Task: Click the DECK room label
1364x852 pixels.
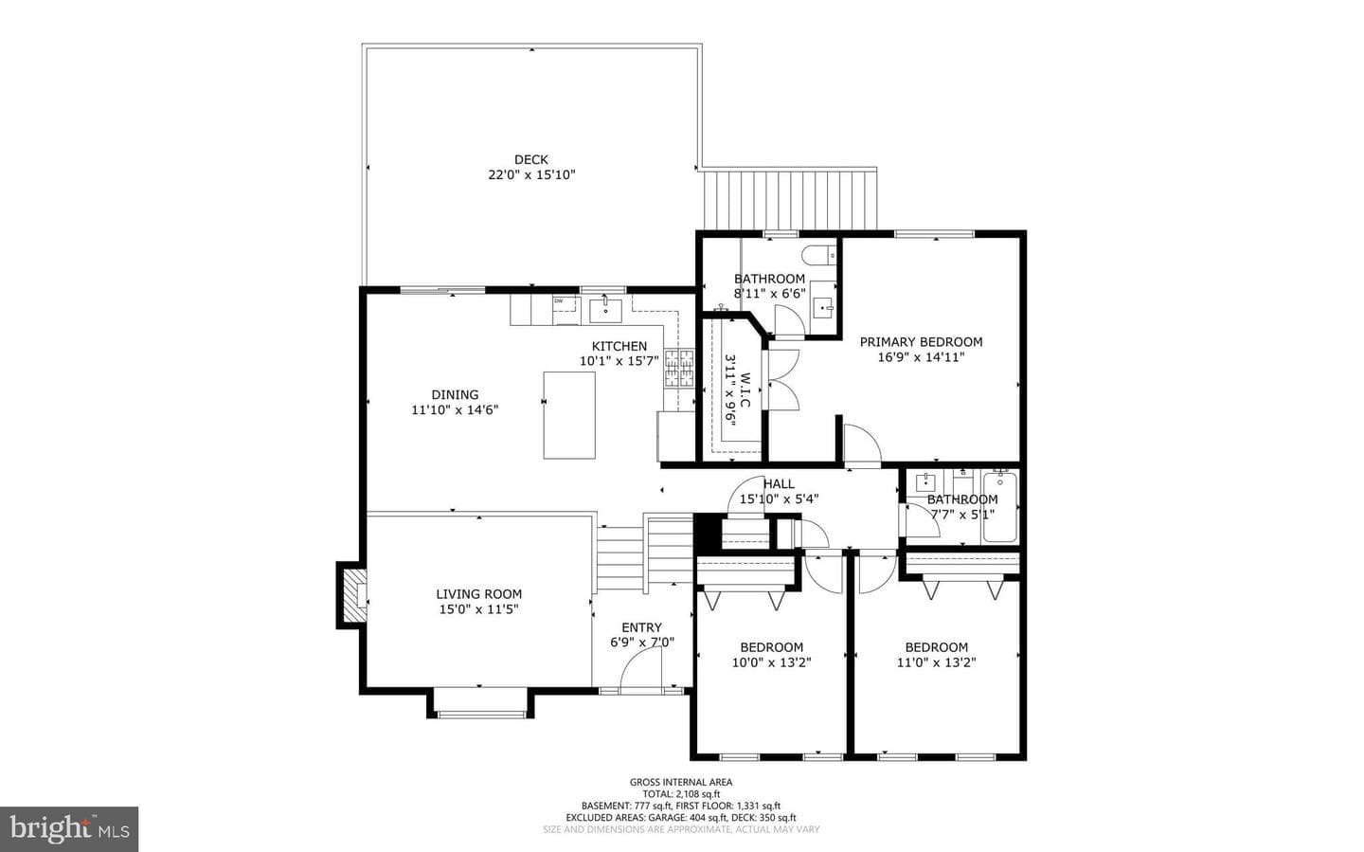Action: [531, 159]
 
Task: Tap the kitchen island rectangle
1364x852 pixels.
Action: [569, 415]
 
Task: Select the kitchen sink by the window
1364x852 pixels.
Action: [605, 310]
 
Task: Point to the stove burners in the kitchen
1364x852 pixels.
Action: [679, 368]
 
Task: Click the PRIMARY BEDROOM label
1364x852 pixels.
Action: [921, 342]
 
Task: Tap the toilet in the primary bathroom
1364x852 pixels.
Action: [819, 254]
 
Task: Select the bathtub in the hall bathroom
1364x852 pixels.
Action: [1000, 507]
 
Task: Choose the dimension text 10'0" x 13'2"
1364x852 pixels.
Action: [771, 662]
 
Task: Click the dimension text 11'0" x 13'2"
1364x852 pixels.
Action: [937, 662]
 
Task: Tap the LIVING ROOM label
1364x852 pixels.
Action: [478, 594]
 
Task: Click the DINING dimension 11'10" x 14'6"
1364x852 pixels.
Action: [455, 410]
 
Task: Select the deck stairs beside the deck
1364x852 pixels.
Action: [790, 199]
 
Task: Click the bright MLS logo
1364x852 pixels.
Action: [69, 829]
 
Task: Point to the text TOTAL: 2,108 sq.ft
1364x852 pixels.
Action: [681, 794]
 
